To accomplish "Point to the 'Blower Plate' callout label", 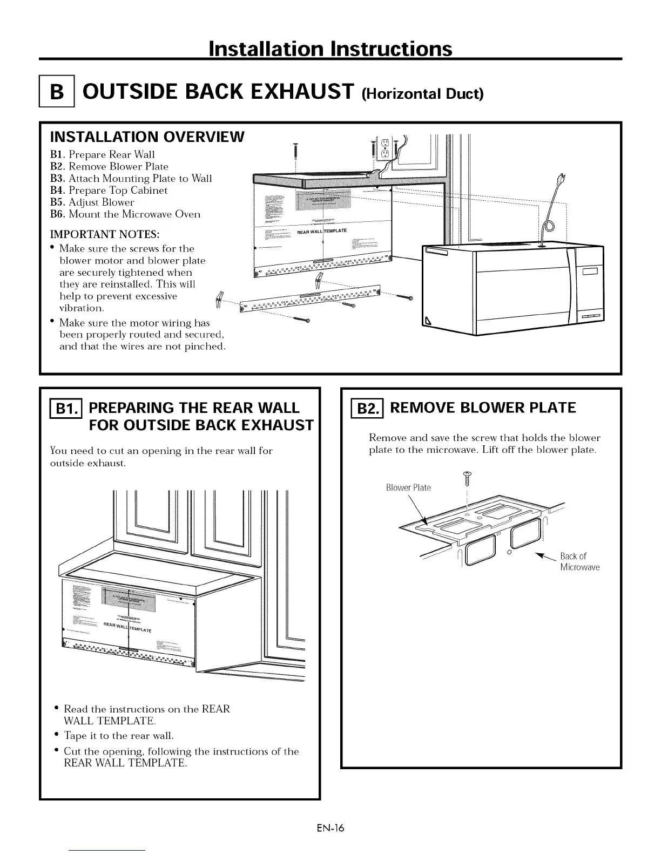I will click(408, 488).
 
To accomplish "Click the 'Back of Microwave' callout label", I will click(579, 562).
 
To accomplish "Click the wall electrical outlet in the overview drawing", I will click(385, 149).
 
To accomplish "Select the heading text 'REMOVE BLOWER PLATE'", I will click(483, 408).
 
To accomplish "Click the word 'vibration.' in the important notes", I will click(82, 308).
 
